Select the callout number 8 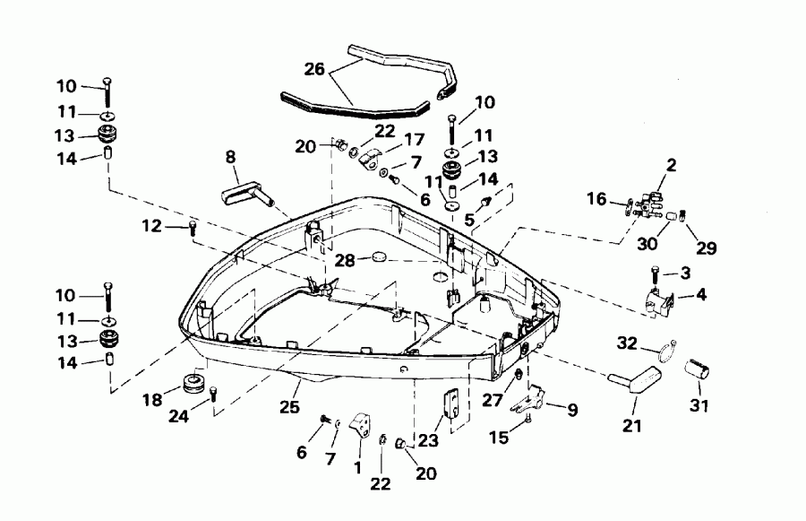(x=230, y=157)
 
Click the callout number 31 (x=699, y=407)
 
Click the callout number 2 (x=672, y=165)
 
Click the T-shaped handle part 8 (x=244, y=188)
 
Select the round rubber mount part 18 (x=193, y=382)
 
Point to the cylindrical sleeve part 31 (x=697, y=369)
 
